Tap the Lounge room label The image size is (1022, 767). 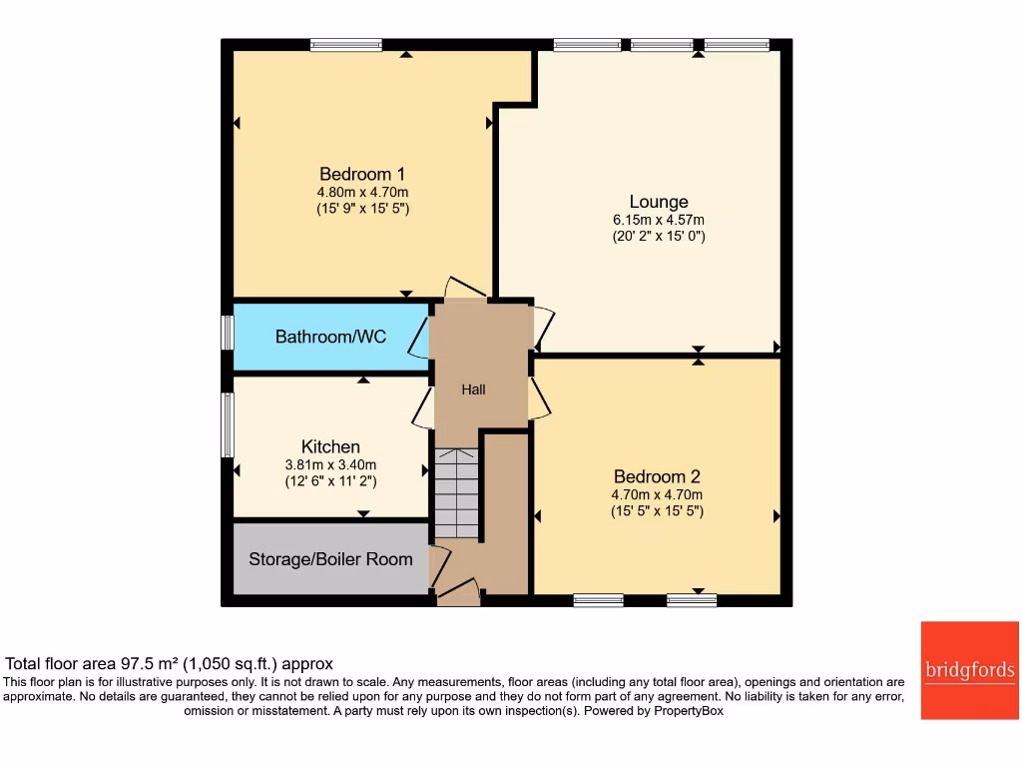[658, 201]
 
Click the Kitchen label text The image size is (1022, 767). [330, 446]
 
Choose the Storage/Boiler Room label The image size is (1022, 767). [330, 559]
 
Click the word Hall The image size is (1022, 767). [473, 389]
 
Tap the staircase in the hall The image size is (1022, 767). [457, 492]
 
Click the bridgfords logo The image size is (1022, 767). [969, 670]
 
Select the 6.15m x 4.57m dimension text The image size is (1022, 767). [658, 220]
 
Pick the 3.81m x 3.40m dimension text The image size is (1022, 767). [330, 464]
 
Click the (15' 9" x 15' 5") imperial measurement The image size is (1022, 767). [362, 209]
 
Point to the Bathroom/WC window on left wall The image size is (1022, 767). [228, 333]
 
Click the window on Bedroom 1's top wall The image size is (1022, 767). [345, 44]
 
